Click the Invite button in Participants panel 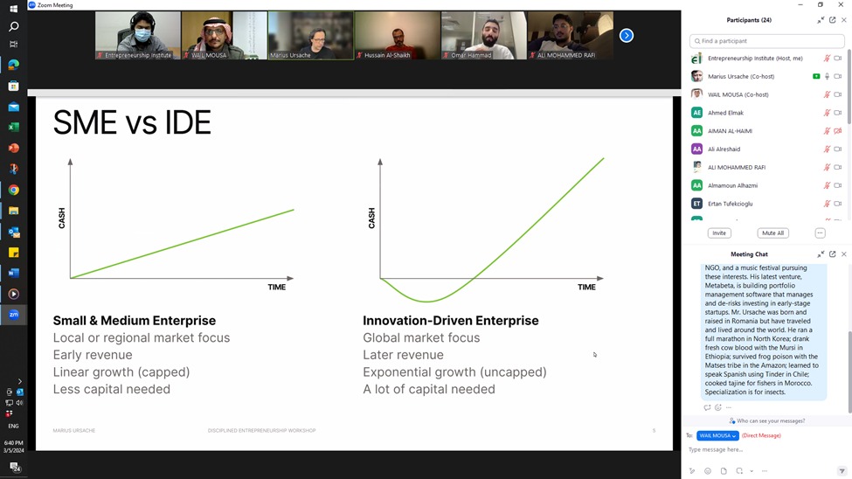719,233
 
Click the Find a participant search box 766,41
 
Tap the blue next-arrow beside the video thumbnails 626,36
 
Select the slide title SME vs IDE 132,122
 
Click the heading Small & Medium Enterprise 134,321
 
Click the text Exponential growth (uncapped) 454,372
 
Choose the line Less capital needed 111,389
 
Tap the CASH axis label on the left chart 62,218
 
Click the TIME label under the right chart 586,287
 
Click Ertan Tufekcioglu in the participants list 730,204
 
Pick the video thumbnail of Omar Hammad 483,36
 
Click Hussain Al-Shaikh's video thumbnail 398,36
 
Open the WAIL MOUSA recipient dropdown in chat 717,435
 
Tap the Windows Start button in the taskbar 13,9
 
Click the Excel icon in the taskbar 13,128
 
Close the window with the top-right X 842,5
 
